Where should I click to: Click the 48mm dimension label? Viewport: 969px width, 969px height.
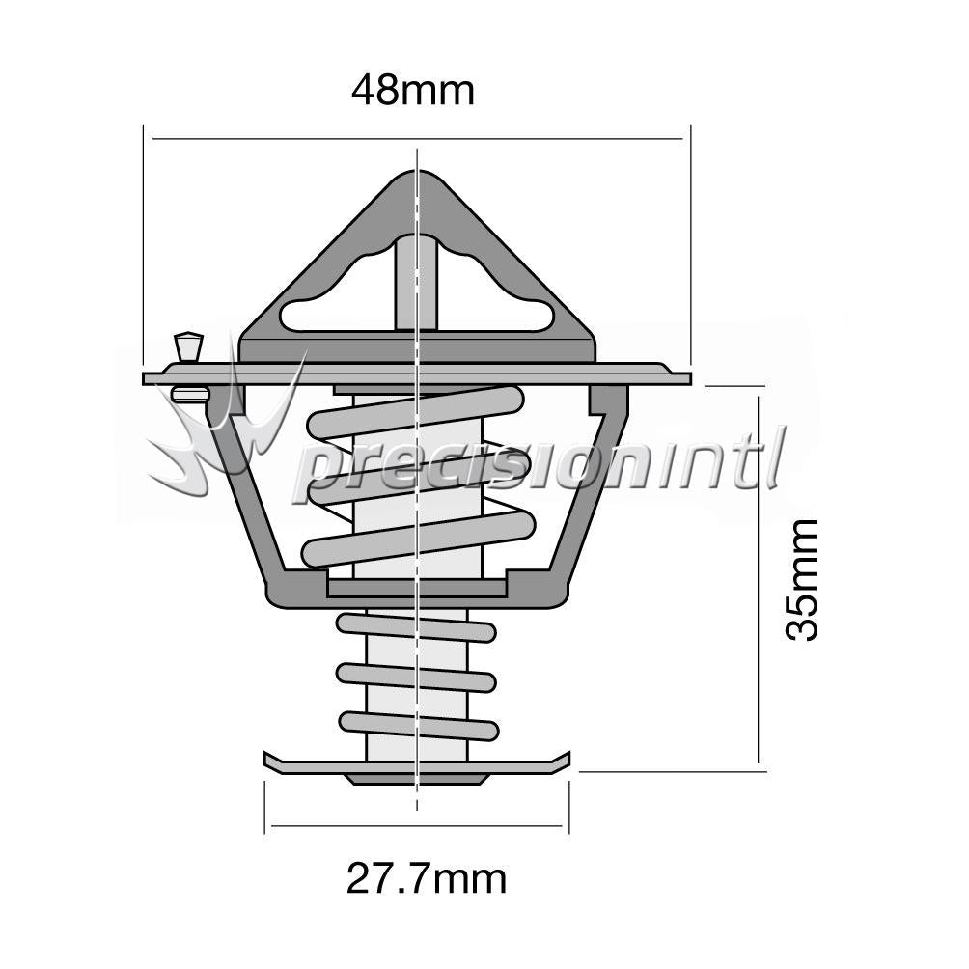click(413, 91)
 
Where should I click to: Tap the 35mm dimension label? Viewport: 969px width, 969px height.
click(801, 580)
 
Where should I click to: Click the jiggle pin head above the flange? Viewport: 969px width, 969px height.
click(189, 346)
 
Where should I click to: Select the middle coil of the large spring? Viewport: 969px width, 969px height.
click(419, 475)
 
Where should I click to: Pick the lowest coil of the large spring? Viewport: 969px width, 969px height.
click(418, 539)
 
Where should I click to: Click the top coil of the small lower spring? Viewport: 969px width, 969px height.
click(417, 628)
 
